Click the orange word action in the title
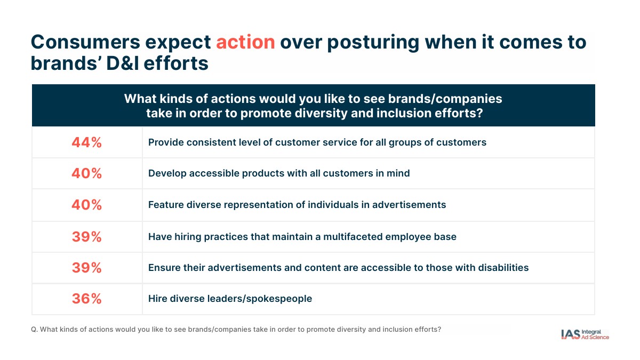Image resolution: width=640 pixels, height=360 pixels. (x=245, y=42)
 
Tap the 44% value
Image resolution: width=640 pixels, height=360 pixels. (x=86, y=142)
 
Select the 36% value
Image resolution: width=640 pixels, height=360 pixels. (x=86, y=299)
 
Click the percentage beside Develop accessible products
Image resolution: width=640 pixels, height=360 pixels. (x=86, y=173)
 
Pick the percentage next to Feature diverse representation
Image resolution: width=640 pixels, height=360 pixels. (x=86, y=205)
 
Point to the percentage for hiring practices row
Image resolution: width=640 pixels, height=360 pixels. (x=86, y=237)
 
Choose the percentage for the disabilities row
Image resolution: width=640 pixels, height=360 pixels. (x=86, y=267)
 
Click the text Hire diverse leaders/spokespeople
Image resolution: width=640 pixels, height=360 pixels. (x=230, y=299)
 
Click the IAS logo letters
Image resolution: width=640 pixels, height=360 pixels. (x=570, y=334)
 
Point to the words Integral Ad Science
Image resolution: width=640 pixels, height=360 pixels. (x=595, y=334)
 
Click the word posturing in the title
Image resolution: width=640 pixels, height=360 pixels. (x=373, y=43)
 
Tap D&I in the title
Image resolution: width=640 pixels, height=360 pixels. (x=123, y=63)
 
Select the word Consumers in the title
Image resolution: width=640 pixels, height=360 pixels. (x=85, y=42)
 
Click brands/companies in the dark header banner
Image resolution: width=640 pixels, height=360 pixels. (x=445, y=99)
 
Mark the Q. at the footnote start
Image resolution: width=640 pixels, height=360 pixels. (x=34, y=330)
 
